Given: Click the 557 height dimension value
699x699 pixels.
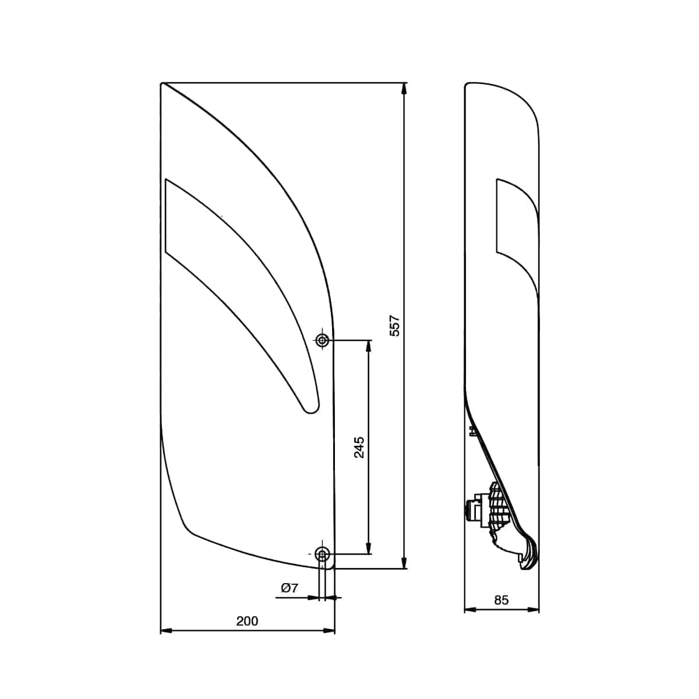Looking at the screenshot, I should tap(395, 326).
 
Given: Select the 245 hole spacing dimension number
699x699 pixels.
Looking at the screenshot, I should tap(359, 447).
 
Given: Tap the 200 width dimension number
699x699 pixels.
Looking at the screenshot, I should tap(247, 621).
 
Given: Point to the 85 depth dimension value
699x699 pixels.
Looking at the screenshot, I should tap(501, 600).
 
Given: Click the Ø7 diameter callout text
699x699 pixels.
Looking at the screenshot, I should tap(290, 588).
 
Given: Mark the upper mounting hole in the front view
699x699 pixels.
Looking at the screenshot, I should tap(322, 340).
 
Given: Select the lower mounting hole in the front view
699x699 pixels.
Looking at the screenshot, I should tap(322, 553).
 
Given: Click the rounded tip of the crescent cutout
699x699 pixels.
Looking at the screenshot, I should tap(310, 408).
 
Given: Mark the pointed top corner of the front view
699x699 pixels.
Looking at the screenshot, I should tap(163, 84).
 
